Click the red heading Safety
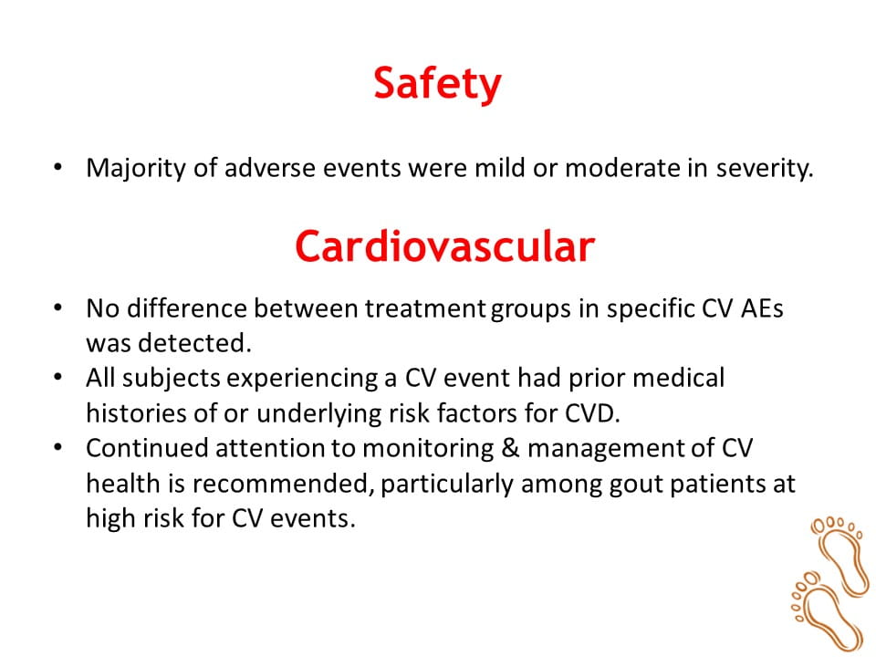point(437,84)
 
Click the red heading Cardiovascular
point(444,245)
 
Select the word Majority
point(136,169)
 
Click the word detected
point(195,343)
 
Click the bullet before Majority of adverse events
point(58,166)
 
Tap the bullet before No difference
point(58,308)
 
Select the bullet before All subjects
point(58,377)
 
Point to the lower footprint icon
point(826,610)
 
